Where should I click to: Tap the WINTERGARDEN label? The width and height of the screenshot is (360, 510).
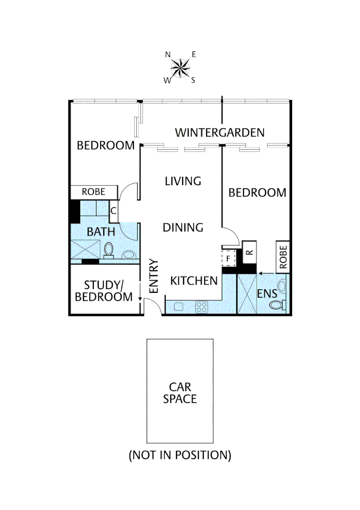(x=219, y=133)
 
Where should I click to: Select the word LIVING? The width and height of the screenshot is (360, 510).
(x=183, y=181)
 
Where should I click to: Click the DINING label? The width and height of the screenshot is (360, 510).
(x=183, y=228)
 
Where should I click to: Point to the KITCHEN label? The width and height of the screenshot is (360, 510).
(x=194, y=281)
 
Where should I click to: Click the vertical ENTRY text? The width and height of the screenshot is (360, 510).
(x=153, y=276)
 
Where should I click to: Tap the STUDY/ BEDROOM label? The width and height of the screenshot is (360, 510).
(x=104, y=291)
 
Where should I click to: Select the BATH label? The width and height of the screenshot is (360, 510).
(x=100, y=232)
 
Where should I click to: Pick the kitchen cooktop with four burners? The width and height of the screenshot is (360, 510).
(x=202, y=307)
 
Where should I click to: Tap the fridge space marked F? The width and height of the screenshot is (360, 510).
(x=228, y=259)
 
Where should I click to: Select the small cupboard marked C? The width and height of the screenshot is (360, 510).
(x=113, y=211)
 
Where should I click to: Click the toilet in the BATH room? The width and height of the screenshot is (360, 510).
(x=109, y=250)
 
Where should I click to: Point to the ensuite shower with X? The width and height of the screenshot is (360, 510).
(x=246, y=293)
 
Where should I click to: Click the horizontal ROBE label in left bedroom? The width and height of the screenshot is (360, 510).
(x=93, y=192)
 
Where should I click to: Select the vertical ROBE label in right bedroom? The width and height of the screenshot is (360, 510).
(x=282, y=256)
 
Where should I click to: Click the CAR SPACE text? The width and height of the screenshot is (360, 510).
(x=180, y=393)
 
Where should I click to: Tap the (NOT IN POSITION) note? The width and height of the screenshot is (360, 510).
(x=180, y=456)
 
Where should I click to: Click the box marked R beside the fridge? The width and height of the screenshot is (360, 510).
(x=249, y=252)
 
